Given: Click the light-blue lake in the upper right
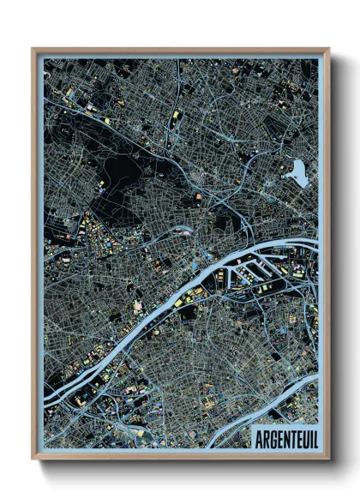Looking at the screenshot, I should pos(299,171).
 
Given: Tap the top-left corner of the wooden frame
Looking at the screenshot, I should pos(33,50).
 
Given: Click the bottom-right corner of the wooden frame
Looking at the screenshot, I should pos(328,459).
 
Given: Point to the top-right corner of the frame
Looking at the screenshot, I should pos(328,50).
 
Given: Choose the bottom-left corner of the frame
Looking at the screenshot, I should pos(33,459).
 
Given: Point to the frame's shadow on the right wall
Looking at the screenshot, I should pos(337,257).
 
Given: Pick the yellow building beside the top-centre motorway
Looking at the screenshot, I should pos(176,113).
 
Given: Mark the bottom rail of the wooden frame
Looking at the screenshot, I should pos(180,456).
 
